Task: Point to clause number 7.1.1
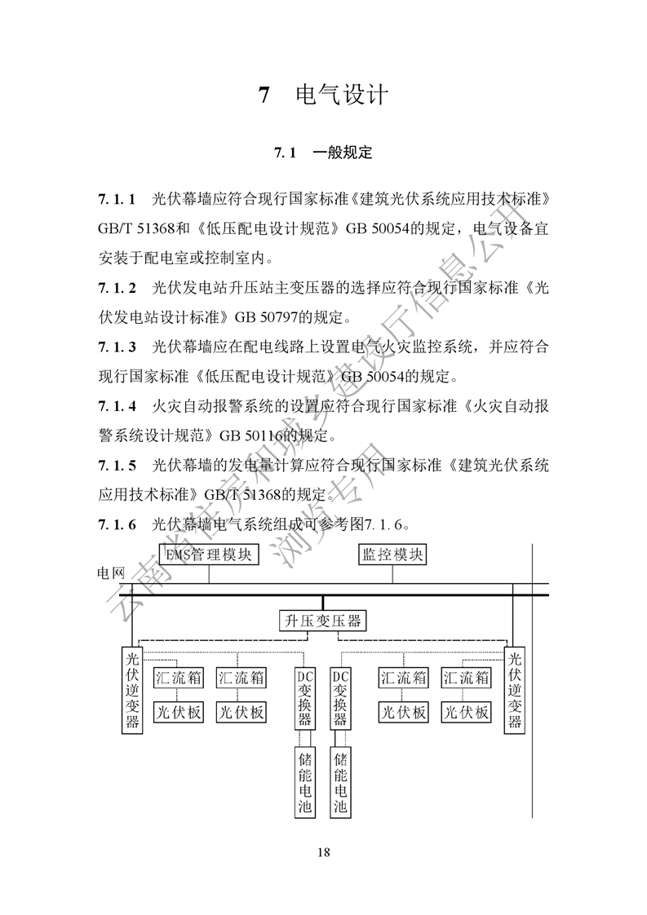click(117, 199)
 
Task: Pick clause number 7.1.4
click(117, 405)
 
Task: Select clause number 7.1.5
click(117, 465)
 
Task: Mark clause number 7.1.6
click(117, 524)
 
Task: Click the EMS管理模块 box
click(209, 556)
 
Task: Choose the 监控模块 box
click(392, 556)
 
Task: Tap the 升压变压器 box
click(321, 621)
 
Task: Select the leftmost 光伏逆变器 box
click(132, 690)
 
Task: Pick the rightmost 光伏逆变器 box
click(514, 690)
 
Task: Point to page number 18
click(324, 852)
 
